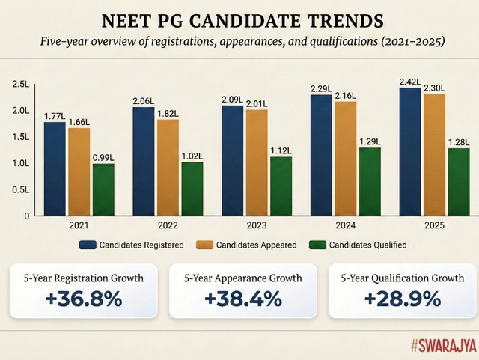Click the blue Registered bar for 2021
point(55,168)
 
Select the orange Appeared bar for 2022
point(168,167)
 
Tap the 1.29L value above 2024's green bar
point(369,140)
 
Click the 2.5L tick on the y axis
point(20,85)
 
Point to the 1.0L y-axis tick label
point(20,163)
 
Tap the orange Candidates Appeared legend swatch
point(203,245)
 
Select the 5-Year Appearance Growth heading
point(243,278)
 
